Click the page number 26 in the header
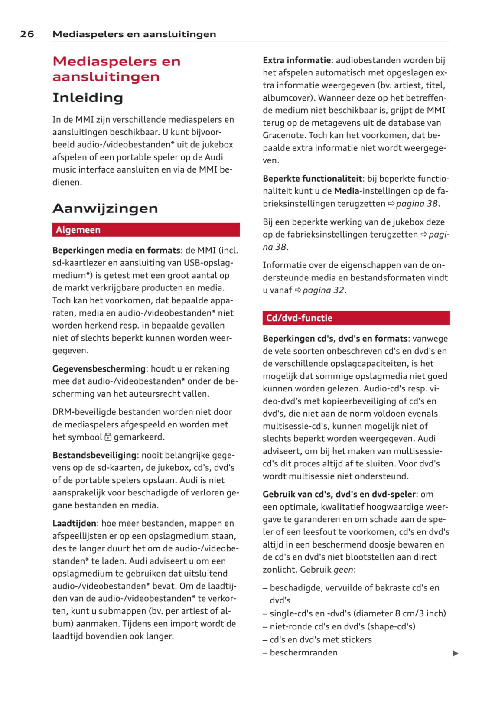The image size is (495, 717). [x=27, y=34]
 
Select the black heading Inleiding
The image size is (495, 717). [x=88, y=98]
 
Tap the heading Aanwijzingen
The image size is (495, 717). [x=105, y=209]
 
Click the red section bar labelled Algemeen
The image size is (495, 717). [x=146, y=230]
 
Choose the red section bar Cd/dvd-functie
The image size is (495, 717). [x=356, y=318]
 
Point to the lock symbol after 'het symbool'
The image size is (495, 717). [x=108, y=437]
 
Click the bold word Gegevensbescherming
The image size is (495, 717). [x=99, y=368]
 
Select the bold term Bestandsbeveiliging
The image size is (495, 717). [x=94, y=455]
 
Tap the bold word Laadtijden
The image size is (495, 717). [x=74, y=523]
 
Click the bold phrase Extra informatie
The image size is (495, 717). [x=297, y=60]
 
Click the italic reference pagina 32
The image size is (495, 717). [x=323, y=290]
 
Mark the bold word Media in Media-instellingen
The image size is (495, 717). [x=346, y=191]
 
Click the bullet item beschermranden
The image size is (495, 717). [x=303, y=652]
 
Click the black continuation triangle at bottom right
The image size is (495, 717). [x=455, y=653]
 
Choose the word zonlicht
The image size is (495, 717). [x=280, y=570]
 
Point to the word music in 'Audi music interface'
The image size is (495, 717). [x=65, y=169]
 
